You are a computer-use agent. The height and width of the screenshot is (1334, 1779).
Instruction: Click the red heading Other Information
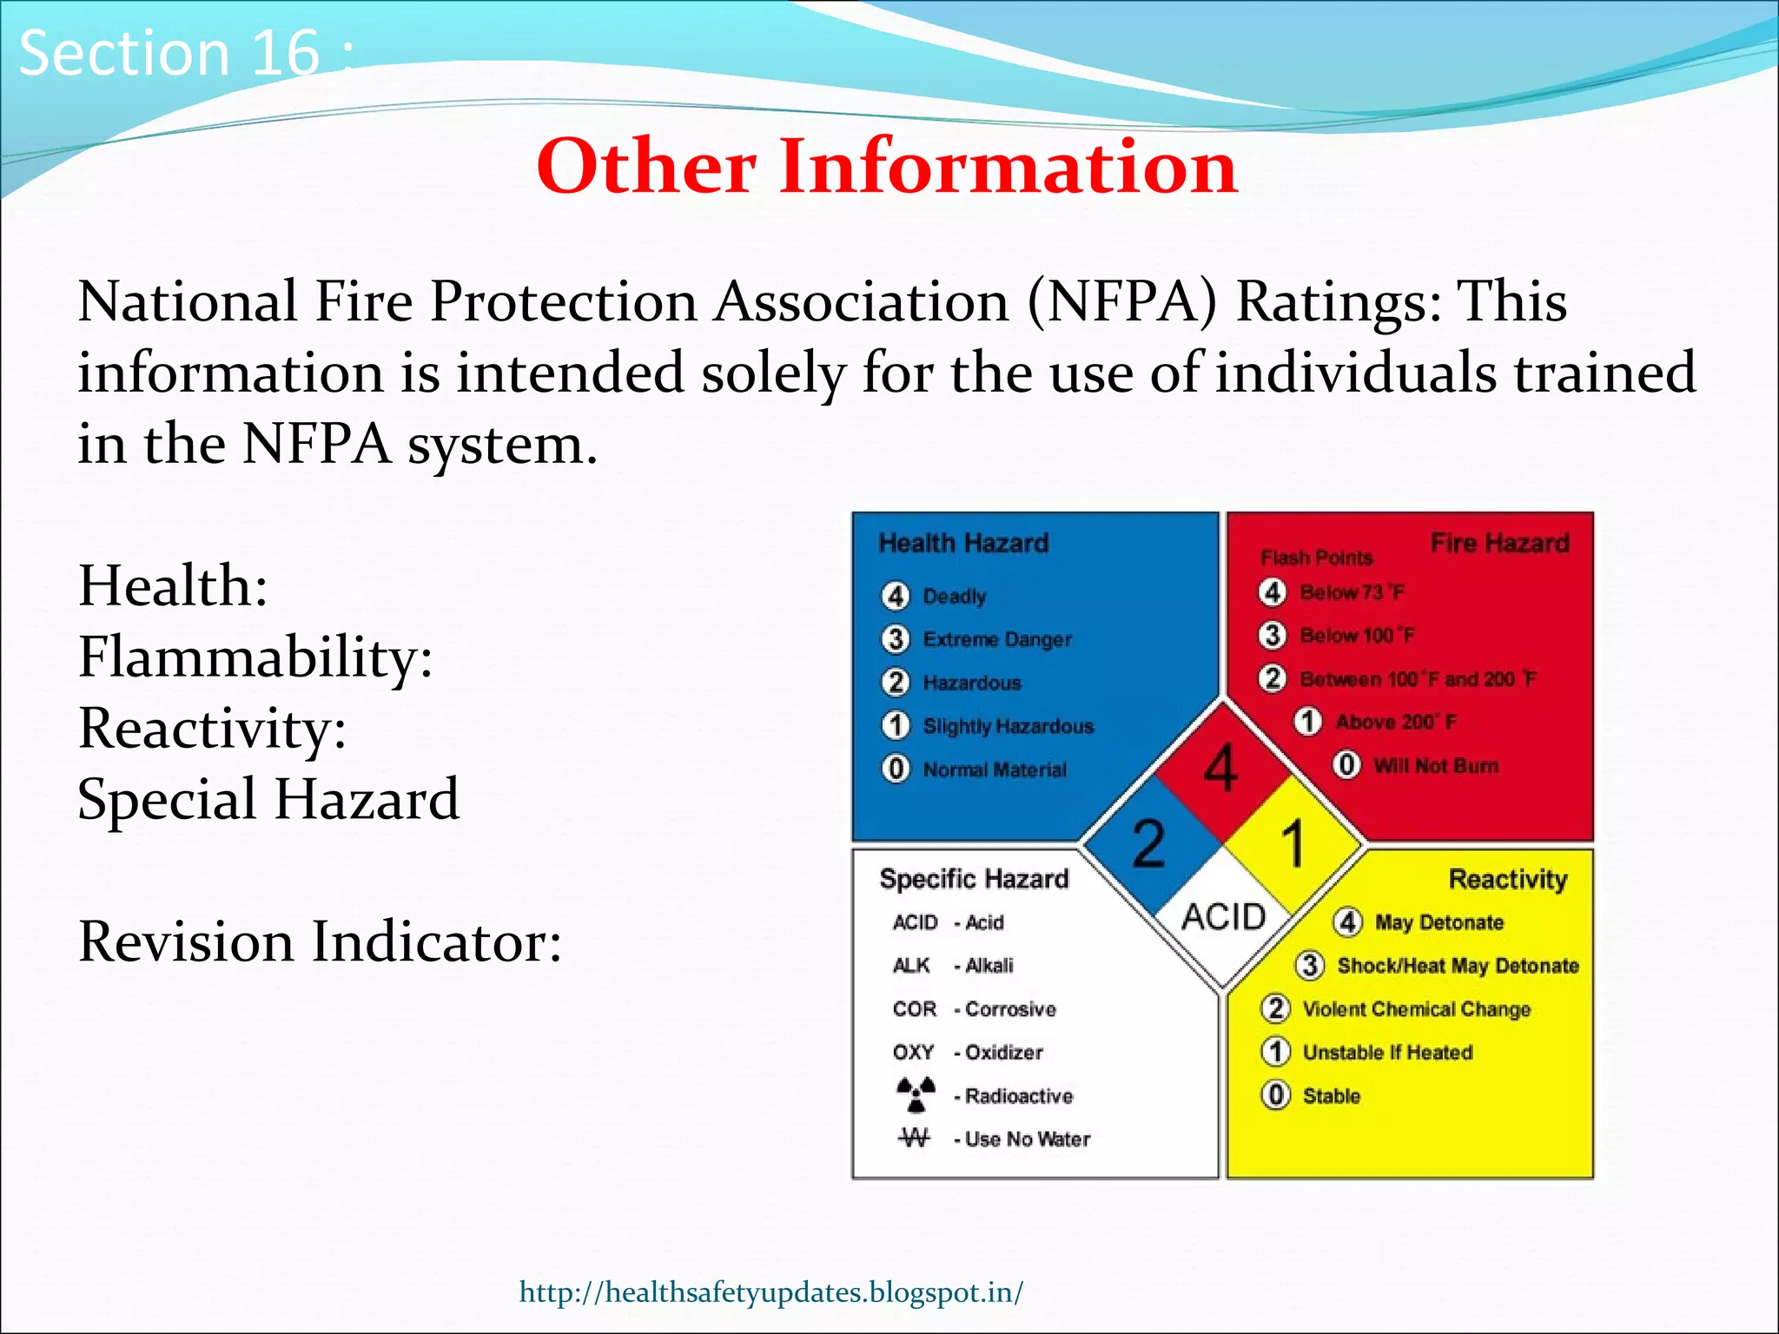[x=887, y=166]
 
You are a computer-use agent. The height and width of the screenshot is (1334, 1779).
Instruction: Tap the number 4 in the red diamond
[x=1220, y=769]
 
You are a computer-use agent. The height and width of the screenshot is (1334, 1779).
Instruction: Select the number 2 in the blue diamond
[x=1148, y=843]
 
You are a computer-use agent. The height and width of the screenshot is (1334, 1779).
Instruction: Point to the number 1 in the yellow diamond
[x=1293, y=843]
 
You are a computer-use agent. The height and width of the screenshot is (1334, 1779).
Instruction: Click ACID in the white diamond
[x=1223, y=917]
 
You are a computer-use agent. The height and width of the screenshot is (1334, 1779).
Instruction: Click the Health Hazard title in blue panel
[x=963, y=544]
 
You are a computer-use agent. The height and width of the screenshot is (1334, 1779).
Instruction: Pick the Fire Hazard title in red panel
[x=1499, y=544]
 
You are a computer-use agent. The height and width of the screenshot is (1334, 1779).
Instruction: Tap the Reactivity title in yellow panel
[x=1508, y=879]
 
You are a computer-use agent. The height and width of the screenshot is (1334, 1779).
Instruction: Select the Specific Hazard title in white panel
[x=974, y=879]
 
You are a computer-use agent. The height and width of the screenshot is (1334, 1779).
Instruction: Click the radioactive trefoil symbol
[x=916, y=1094]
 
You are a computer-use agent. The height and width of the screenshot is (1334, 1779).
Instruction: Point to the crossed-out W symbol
[x=914, y=1138]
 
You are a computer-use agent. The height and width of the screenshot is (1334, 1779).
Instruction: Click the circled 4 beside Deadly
[x=896, y=596]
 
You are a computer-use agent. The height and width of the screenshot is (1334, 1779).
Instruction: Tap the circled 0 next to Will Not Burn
[x=1346, y=765]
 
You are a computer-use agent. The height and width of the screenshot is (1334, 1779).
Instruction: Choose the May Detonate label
[x=1438, y=922]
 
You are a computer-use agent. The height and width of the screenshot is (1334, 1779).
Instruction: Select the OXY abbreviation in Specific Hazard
[x=913, y=1053]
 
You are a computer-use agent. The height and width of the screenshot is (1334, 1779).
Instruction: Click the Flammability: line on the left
[x=255, y=657]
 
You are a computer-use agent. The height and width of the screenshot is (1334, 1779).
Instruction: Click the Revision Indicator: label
[x=320, y=942]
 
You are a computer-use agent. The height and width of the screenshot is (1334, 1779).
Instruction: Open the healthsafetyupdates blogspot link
[x=770, y=1292]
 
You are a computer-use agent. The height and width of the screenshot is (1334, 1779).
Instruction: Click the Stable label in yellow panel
[x=1331, y=1096]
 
